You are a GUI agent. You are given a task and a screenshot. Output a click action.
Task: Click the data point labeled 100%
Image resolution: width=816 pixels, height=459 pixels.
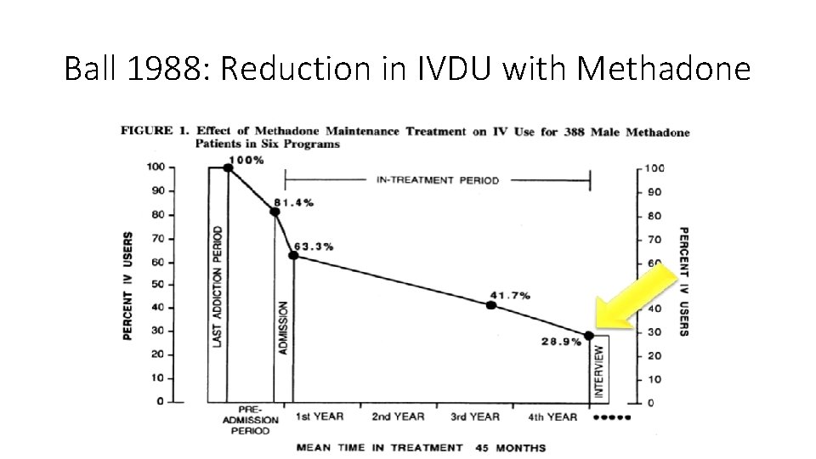coord(228,167)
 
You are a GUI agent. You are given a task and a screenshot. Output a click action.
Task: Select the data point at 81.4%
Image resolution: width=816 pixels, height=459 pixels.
coord(275,211)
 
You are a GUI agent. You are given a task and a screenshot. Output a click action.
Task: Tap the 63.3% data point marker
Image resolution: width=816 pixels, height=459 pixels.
coord(293,255)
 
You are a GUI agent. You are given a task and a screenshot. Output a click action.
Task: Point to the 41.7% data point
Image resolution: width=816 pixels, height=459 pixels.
coord(491,304)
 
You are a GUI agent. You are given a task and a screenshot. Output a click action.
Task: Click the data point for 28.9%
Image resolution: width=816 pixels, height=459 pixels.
coord(589,336)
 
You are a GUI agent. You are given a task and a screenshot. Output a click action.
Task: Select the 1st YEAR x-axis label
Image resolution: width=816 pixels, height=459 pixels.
coord(319,416)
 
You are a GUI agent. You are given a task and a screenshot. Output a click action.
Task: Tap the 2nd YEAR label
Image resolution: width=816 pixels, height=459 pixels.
coord(398,416)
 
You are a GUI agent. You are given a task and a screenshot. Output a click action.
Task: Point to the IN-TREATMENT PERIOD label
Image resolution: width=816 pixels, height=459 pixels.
coord(437,180)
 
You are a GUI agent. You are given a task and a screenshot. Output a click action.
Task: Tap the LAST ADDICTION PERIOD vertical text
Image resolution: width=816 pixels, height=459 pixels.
coord(218,286)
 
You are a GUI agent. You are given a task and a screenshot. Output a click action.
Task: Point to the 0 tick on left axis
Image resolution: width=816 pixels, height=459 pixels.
coord(160,401)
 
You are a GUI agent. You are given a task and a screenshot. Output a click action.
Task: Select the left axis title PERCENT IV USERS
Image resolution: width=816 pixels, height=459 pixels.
coord(128,286)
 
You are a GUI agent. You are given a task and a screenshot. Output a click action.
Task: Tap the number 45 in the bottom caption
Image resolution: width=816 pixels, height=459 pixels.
coord(484,447)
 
